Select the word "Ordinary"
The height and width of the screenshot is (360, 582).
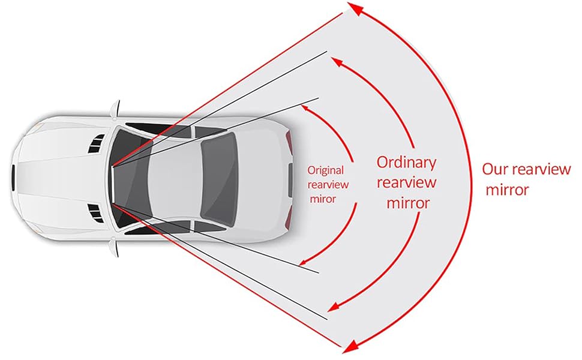pyautogui.click(x=406, y=162)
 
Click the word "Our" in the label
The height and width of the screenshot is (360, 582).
pyautogui.click(x=495, y=170)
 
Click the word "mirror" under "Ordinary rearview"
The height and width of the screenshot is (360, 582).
pyautogui.click(x=408, y=203)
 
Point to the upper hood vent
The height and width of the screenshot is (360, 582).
pyautogui.click(x=95, y=144)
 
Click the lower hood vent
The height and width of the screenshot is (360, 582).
pyautogui.click(x=95, y=211)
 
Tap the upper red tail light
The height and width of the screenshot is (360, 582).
pyautogui.click(x=290, y=142)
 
